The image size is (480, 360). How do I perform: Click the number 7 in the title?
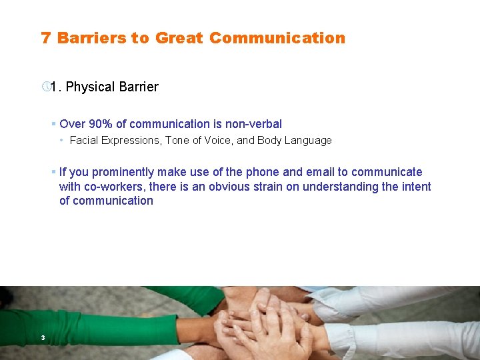tap(45, 38)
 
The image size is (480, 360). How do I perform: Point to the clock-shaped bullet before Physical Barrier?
tap(45, 87)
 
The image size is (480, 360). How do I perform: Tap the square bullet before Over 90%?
tap(53, 124)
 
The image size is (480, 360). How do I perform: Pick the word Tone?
tap(177, 141)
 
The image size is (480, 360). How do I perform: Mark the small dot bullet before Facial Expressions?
tap(61, 141)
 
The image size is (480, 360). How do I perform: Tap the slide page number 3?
tap(42, 338)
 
